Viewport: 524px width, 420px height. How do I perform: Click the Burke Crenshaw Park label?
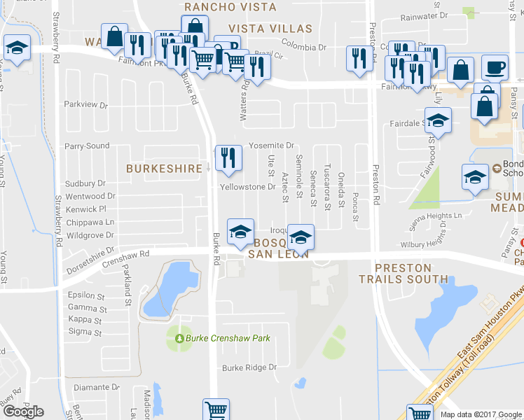pos(228,339)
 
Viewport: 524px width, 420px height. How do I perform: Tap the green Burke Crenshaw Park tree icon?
pos(179,339)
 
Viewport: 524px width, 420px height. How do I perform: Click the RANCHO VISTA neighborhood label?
pos(230,7)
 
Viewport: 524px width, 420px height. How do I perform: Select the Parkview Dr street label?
pos(86,105)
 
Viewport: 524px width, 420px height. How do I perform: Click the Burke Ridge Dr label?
pos(245,368)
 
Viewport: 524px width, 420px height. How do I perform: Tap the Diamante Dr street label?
pos(97,387)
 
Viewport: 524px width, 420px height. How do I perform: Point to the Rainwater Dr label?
pos(424,15)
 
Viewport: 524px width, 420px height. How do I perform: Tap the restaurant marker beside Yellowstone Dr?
pos(228,159)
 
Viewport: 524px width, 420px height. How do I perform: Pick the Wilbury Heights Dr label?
pos(423,245)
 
